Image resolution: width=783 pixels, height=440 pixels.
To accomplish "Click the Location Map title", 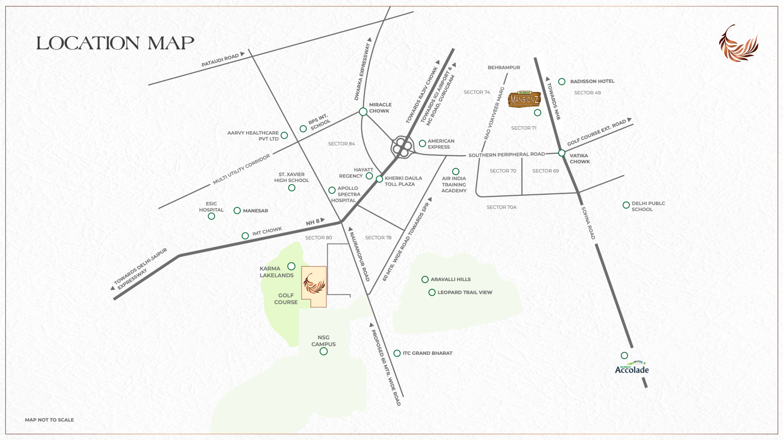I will pos(115,43).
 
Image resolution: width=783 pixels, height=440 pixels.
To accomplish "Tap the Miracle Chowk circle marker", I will pos(363,112).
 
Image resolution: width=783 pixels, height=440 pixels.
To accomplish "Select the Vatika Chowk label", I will pos(579,159).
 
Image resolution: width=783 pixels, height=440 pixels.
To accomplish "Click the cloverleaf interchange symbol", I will pos(401,147).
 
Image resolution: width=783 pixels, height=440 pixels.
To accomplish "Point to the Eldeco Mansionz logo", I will pos(524,99).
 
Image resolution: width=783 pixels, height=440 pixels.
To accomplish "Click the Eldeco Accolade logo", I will pos(632,368).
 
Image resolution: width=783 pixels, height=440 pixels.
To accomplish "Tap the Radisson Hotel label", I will pos(592,81).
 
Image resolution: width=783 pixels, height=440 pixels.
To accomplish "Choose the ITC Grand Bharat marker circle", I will pos(397,353).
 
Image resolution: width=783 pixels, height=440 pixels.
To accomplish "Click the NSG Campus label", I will pos(323,341).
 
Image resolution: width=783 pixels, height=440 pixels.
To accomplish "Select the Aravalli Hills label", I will pos(450,279).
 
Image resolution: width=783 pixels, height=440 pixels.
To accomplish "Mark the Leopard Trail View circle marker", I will pos(432,293).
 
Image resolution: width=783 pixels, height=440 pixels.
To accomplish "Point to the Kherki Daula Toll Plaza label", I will pos(403,181).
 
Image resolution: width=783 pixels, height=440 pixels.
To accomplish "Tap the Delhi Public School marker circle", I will pos(626,205).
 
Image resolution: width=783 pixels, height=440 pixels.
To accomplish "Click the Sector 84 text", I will pos(342,144).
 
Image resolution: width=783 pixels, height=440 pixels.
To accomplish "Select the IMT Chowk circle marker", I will pos(245,236).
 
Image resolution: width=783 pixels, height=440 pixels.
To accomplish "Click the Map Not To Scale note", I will pos(49,420).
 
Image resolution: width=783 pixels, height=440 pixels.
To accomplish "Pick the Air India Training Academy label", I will pos(454,185).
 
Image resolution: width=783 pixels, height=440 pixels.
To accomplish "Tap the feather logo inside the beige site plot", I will pos(314,284).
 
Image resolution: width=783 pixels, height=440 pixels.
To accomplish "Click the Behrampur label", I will pos(504,68).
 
